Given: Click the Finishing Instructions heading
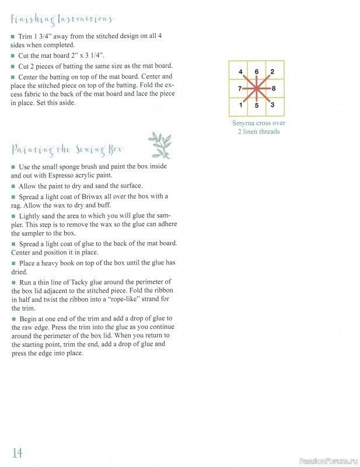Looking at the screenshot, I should (x=62, y=20).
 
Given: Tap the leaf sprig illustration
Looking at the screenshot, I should (x=160, y=145).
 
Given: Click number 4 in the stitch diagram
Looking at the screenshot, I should (x=241, y=72).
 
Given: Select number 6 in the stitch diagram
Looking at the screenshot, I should (x=257, y=72).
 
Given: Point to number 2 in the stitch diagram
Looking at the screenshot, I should (x=272, y=72).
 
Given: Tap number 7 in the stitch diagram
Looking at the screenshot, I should (x=240, y=89).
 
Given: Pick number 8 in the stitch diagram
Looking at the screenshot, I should (x=274, y=89).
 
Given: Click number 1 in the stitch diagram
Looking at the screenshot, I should (x=241, y=105).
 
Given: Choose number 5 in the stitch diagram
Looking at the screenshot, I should (x=257, y=106).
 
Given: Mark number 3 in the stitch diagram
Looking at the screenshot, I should (x=272, y=105).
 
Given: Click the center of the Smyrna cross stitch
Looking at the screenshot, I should (x=257, y=89).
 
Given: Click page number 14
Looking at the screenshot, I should (x=17, y=452).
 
